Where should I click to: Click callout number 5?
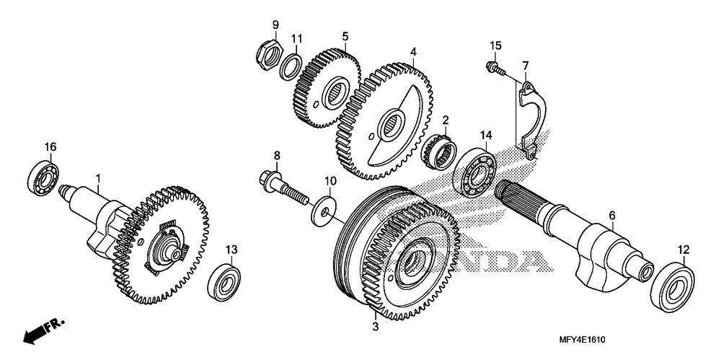tap(345, 36)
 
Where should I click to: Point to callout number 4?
tap(413, 52)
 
